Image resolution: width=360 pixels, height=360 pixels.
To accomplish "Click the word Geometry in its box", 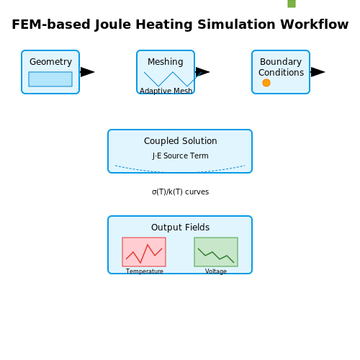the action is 50,62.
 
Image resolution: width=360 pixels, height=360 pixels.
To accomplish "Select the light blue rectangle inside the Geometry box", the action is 50,79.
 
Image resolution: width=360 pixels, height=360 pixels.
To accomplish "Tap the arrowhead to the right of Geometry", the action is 87,72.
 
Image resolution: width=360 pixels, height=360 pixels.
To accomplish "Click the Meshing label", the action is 166,62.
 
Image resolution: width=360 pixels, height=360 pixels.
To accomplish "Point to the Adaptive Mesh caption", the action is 166,91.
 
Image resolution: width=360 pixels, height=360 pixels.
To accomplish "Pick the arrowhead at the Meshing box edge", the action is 202,72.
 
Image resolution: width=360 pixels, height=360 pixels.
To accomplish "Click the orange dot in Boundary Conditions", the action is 266,83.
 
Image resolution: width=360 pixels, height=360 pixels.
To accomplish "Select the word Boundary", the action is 281,62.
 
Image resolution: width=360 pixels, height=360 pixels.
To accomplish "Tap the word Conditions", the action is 281,73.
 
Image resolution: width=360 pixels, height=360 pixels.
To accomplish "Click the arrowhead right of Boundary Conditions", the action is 318,72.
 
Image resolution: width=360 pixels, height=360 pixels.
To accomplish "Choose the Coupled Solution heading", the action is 181,141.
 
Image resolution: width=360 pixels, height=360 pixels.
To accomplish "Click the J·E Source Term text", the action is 180,156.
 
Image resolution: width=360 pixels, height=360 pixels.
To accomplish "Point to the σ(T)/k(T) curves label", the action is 180,192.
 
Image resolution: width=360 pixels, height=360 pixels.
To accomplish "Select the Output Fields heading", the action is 180,228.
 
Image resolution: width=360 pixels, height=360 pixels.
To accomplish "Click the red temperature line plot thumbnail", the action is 144,252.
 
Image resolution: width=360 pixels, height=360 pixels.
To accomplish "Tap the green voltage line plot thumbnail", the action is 216,252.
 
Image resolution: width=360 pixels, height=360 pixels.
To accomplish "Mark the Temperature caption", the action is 145,271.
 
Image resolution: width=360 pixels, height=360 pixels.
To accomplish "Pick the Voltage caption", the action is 216,271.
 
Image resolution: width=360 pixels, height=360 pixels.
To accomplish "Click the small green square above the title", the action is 292,4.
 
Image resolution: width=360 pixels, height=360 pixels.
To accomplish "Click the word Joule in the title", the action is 113,24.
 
